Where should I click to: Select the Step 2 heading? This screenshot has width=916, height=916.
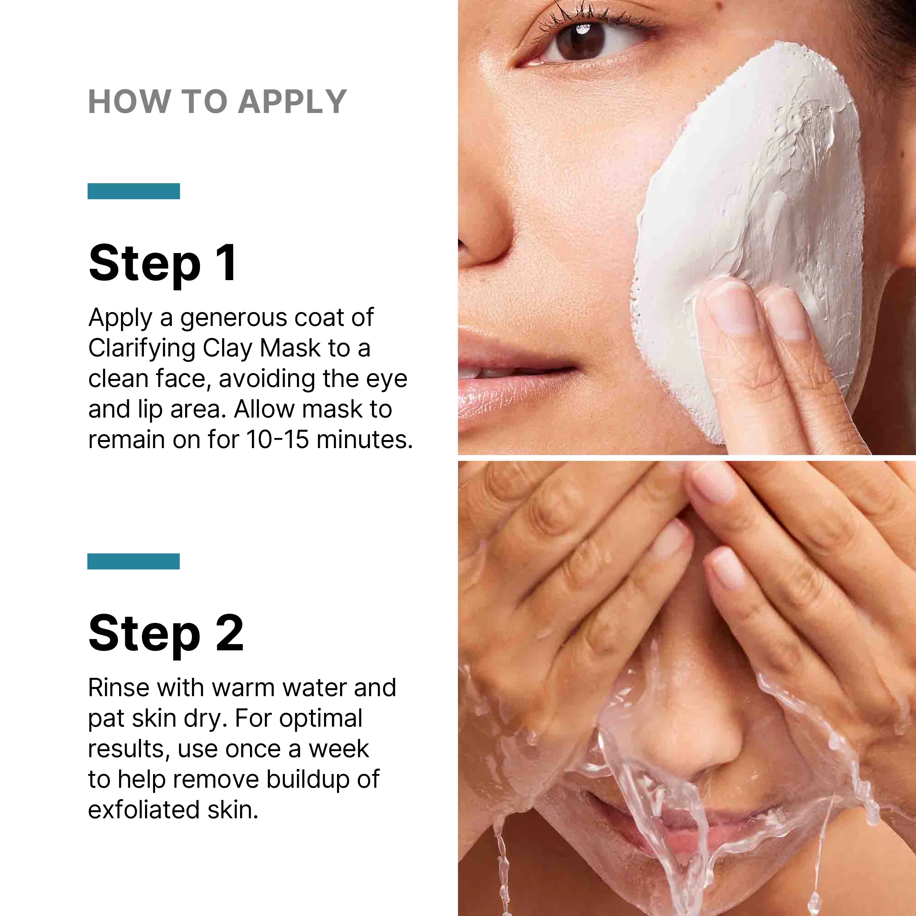pyautogui.click(x=166, y=634)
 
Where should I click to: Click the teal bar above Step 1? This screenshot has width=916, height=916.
pyautogui.click(x=134, y=191)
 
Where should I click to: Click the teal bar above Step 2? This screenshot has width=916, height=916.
pyautogui.click(x=134, y=561)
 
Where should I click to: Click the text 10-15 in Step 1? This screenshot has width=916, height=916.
pyautogui.click(x=277, y=440)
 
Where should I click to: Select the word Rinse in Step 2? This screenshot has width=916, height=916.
pyautogui.click(x=119, y=688)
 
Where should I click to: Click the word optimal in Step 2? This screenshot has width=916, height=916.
pyautogui.click(x=321, y=719)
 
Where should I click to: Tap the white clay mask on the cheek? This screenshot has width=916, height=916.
pyautogui.click(x=759, y=190)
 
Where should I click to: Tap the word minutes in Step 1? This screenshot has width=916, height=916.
pyautogui.click(x=364, y=440)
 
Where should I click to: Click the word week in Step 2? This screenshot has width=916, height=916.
pyautogui.click(x=339, y=749)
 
